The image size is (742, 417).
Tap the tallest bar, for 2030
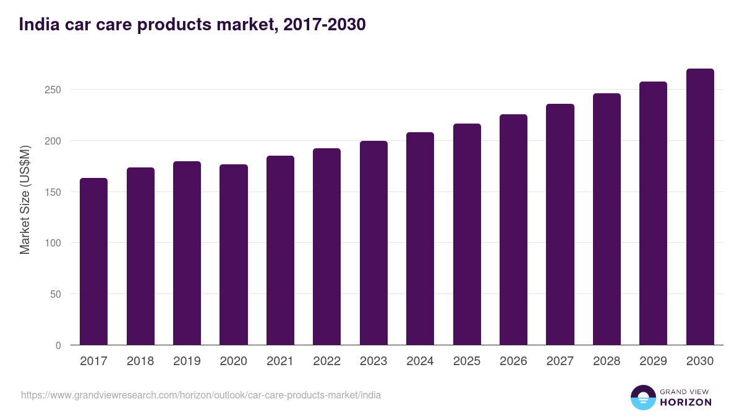coord(700,207)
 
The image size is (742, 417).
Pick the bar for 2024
coord(420,238)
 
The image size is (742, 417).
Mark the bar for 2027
coord(560,224)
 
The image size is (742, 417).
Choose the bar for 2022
coord(326,246)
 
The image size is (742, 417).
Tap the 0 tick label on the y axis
coord(58,345)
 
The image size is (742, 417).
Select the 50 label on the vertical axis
coord(55,294)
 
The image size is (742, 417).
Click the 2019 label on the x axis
coord(187,361)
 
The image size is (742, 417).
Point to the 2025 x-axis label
coord(467,361)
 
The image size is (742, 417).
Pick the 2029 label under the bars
coord(653,361)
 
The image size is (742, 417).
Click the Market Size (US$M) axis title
coord(25,200)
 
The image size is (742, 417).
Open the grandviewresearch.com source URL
coord(201,395)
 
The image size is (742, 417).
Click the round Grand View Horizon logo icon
coord(642,397)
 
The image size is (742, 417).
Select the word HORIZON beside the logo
coord(686,402)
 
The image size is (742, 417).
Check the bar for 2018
coord(140,256)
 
